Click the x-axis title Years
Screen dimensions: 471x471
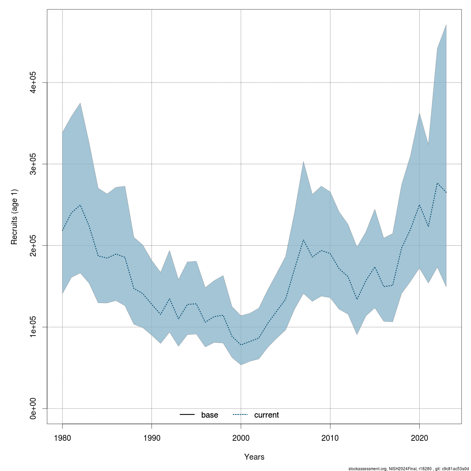pyautogui.click(x=254, y=457)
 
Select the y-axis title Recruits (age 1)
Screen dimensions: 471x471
pyautogui.click(x=15, y=217)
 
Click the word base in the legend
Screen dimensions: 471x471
pyautogui.click(x=210, y=415)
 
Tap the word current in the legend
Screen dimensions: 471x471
pyautogui.click(x=267, y=415)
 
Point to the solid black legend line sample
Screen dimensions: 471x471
pyautogui.click(x=187, y=415)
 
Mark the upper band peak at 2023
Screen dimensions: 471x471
pyautogui.click(x=446, y=25)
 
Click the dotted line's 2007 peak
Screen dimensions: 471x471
pyautogui.click(x=303, y=239)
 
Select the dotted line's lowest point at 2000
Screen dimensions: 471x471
pyautogui.click(x=241, y=345)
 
